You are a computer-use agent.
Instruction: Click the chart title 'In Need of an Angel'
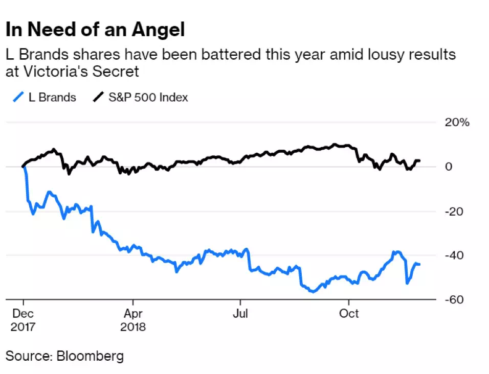(x=95, y=30)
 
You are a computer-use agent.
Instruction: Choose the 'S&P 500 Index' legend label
(x=148, y=97)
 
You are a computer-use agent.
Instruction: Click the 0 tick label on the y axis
(x=448, y=167)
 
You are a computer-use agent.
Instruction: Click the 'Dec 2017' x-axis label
(x=23, y=319)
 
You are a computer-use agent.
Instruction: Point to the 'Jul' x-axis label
(x=240, y=312)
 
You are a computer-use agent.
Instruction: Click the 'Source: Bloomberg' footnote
(x=64, y=356)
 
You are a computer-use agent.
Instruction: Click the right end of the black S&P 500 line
(x=420, y=161)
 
